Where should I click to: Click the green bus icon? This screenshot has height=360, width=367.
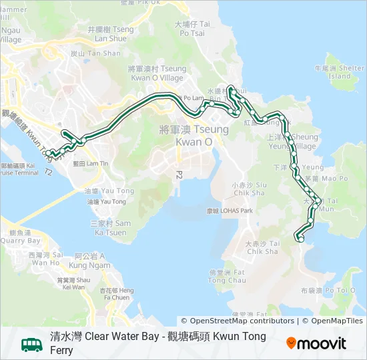point(32,344)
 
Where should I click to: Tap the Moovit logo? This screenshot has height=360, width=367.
point(316,344)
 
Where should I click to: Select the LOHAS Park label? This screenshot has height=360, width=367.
point(230,211)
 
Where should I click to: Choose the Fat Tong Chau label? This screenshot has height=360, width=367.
point(227,276)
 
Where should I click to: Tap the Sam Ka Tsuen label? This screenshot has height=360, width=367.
point(110,227)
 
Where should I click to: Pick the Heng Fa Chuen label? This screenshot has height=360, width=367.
point(117,294)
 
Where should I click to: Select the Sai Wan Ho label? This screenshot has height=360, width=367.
point(45,259)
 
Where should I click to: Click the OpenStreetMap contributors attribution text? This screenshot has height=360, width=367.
point(238,321)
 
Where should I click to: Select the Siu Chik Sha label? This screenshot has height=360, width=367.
point(249,188)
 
